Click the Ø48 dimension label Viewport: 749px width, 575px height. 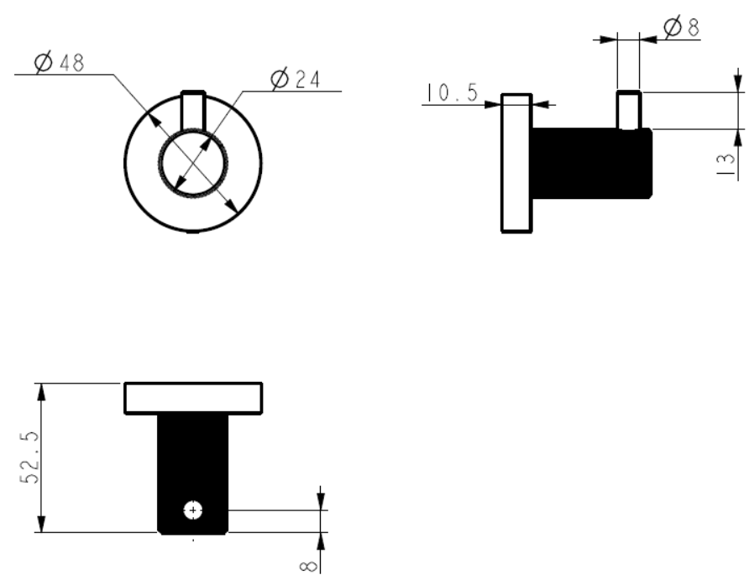60,63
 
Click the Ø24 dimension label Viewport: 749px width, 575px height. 296,79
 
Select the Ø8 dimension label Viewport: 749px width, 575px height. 682,27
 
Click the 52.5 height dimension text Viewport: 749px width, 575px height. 29,457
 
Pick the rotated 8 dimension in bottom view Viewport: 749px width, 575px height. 308,567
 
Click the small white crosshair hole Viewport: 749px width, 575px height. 193,510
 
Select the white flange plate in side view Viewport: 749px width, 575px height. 516,164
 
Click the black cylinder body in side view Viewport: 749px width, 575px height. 592,163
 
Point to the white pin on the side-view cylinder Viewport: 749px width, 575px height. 629,110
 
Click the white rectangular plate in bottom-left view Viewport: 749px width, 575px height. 193,398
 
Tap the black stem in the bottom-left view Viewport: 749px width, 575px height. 193,473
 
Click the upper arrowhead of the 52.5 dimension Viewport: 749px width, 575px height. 41,392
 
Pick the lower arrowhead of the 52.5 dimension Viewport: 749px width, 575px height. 41,524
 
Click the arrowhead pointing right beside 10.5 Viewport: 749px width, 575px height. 493,104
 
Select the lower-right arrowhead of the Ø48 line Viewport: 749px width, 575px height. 231,206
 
